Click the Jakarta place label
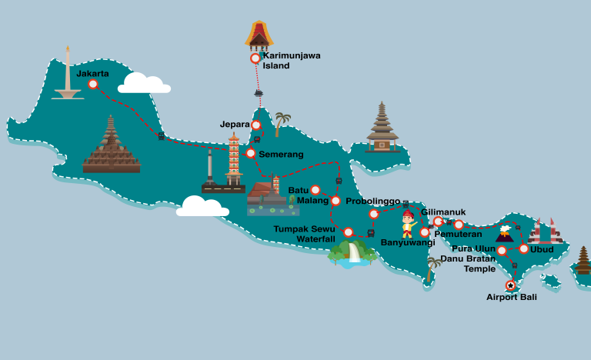[x=92, y=74]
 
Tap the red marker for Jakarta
[x=93, y=85]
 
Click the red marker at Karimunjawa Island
[x=255, y=58]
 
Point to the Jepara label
[x=235, y=125]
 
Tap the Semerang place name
[x=281, y=155]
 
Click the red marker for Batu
[x=316, y=190]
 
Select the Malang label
[x=312, y=201]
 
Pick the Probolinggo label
[x=372, y=202]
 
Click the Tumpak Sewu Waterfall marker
[x=349, y=232]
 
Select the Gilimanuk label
[x=443, y=212]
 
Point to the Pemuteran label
[x=458, y=234]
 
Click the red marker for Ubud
[x=524, y=248]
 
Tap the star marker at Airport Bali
[x=510, y=285]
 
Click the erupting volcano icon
[x=504, y=232]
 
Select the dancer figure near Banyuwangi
[x=408, y=224]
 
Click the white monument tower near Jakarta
[x=68, y=74]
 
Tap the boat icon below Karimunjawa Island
[x=259, y=93]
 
